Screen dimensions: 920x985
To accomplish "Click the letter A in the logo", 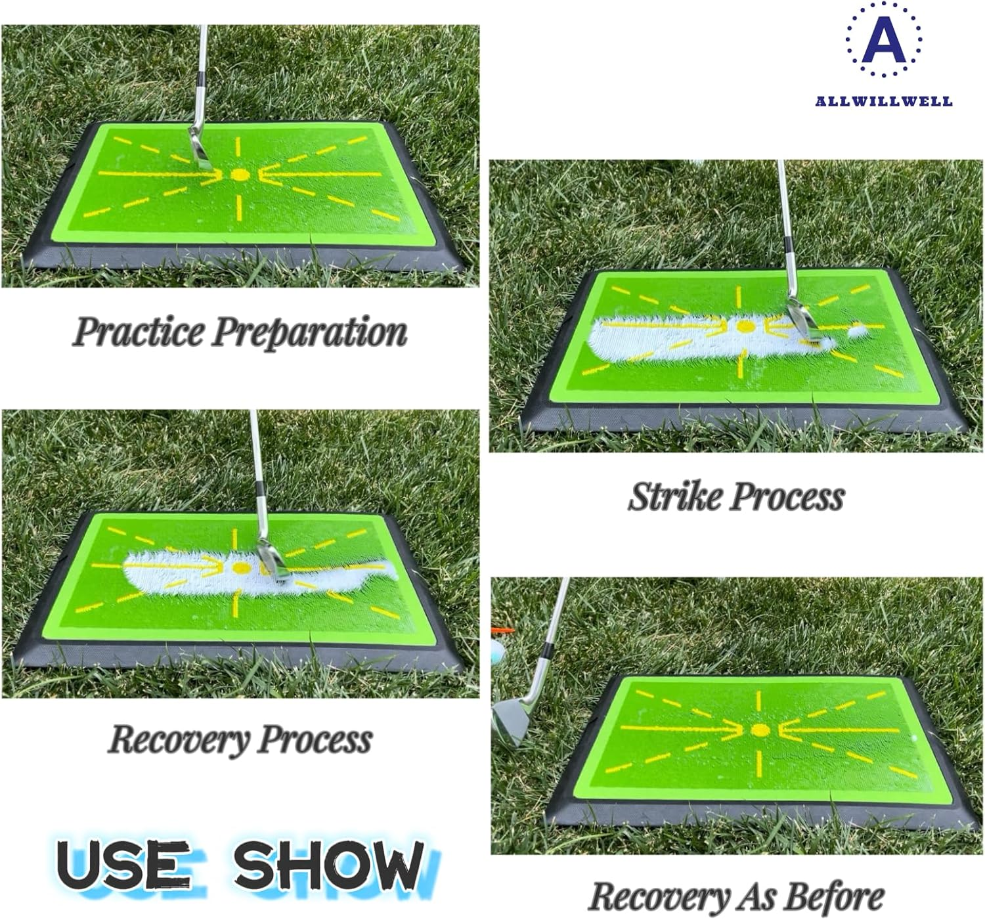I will pos(883,41).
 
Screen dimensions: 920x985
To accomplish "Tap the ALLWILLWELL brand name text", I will pos(883,101).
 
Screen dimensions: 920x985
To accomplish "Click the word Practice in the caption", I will pos(139,332).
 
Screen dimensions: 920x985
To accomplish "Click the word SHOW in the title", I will pos(328,864).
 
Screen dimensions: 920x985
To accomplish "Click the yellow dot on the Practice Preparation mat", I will pos(240,175).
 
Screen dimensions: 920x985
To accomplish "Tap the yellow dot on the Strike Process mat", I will pos(745,326).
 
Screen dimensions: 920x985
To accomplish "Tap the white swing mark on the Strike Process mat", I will pos(663,336).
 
